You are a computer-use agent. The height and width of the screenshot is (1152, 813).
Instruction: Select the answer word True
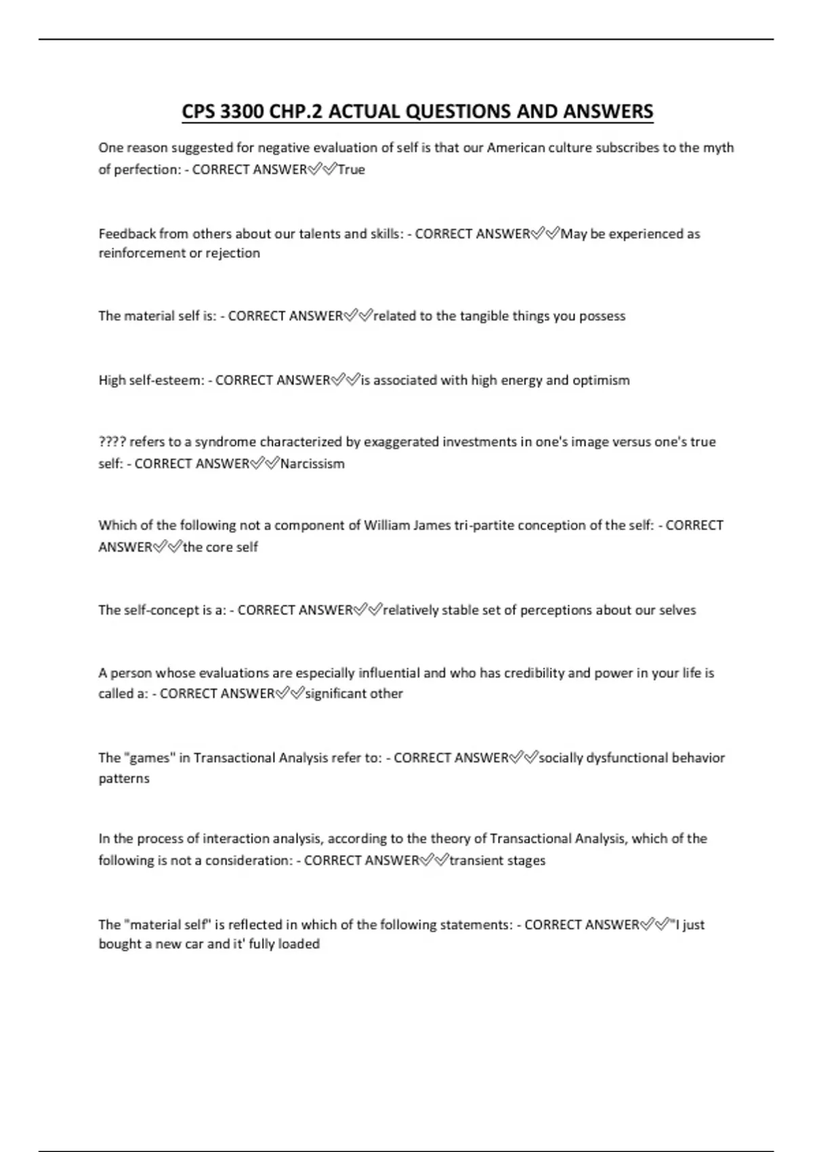(351, 169)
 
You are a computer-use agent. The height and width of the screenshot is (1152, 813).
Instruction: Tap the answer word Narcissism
(312, 464)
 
